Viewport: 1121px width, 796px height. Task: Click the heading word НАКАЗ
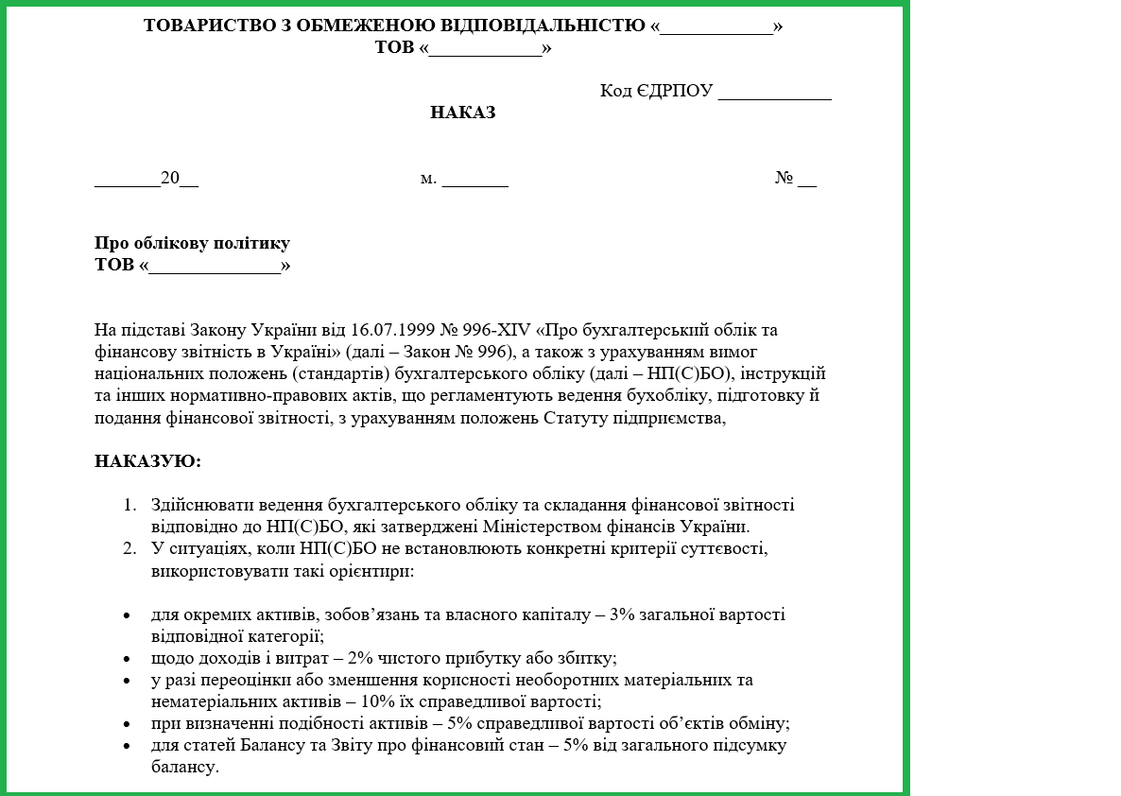click(463, 112)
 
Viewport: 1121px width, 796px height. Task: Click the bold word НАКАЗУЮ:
click(147, 461)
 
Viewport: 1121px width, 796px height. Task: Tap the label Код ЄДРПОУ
click(656, 91)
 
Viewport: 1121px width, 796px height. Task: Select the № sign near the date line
click(784, 178)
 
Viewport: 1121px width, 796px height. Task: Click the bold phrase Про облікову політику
click(192, 243)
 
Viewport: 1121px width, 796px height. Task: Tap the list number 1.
click(129, 505)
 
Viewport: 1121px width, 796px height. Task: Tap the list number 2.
click(129, 548)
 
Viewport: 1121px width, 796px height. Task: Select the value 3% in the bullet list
click(623, 614)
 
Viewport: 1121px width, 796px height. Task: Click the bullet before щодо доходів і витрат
click(127, 659)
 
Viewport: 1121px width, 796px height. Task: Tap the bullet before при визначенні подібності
click(127, 724)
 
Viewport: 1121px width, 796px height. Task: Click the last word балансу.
click(184, 767)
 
